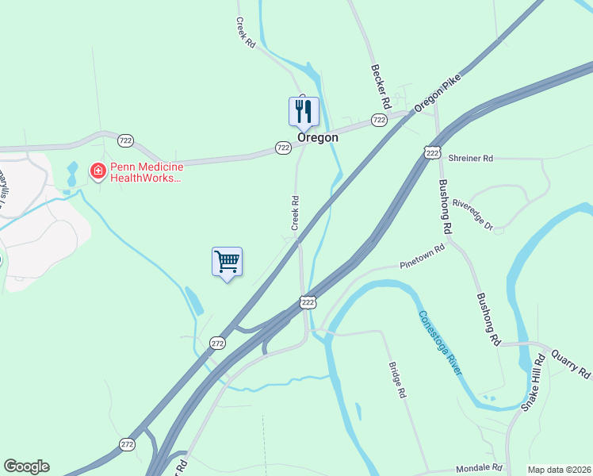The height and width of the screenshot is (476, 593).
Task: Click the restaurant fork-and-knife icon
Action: pyautogui.click(x=303, y=111)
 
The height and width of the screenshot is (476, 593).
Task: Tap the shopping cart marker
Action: pyautogui.click(x=227, y=261)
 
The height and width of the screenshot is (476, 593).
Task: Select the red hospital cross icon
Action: pyautogui.click(x=98, y=171)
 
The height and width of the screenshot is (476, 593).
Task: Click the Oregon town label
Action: pyautogui.click(x=318, y=137)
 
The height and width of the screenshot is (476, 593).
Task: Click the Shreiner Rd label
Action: pyautogui.click(x=471, y=159)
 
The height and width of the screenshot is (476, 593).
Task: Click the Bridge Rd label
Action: pyautogui.click(x=397, y=380)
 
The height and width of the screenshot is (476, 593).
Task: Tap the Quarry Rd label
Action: pyautogui.click(x=572, y=362)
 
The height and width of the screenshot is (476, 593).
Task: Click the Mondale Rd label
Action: pyautogui.click(x=480, y=468)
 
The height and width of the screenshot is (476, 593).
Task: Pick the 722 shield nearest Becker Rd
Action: pyautogui.click(x=379, y=120)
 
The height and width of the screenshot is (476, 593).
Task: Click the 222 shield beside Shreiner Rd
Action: pyautogui.click(x=432, y=152)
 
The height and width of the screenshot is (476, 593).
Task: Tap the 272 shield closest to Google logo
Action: pyautogui.click(x=128, y=444)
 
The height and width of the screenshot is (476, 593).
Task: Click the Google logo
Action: pyautogui.click(x=26, y=466)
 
